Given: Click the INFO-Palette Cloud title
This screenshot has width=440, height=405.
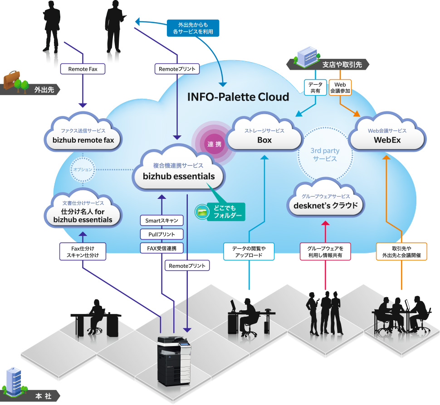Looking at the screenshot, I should [x=238, y=97].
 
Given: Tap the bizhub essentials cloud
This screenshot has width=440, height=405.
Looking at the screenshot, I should [x=178, y=172].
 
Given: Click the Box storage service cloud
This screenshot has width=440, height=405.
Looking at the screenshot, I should [x=264, y=136].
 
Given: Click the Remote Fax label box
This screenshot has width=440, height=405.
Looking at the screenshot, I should [x=83, y=69].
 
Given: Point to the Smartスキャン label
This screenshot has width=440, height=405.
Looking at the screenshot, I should [x=161, y=221].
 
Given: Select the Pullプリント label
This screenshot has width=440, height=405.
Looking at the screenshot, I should [x=161, y=234].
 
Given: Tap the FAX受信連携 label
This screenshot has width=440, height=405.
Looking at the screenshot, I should [x=161, y=248].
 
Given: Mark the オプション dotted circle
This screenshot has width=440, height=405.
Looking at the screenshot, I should [x=83, y=169].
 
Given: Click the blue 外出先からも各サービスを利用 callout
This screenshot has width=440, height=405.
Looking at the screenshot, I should [x=193, y=28].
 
